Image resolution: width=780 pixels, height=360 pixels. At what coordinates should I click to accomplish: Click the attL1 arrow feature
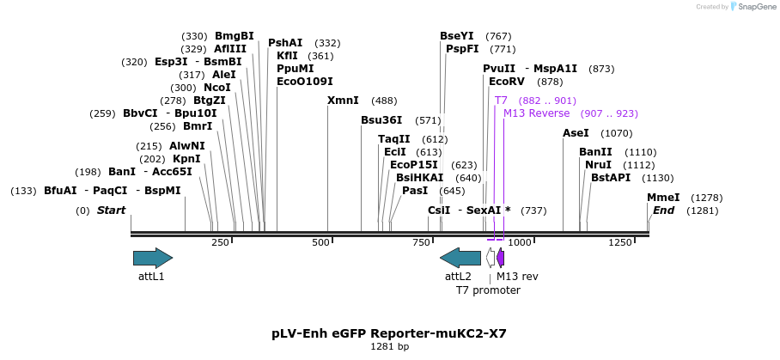[x=153, y=257]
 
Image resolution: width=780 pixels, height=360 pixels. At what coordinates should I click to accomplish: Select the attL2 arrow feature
[x=460, y=257]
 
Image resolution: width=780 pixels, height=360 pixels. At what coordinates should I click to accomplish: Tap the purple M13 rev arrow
[x=501, y=257]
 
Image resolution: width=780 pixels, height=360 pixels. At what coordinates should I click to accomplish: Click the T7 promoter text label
[x=488, y=290]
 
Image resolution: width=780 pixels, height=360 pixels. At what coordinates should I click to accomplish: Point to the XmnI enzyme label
[x=343, y=101]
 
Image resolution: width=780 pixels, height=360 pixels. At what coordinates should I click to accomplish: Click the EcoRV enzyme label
[x=507, y=82]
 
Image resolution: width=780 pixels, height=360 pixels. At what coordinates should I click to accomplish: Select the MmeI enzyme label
[x=663, y=198]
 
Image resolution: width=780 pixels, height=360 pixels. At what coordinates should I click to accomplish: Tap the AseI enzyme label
[x=576, y=133]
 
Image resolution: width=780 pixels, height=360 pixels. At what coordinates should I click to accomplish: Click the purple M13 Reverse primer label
[x=536, y=113]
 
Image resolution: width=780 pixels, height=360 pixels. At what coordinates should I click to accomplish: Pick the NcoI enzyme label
[x=217, y=88]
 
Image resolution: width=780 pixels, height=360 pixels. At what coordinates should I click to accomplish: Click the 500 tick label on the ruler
[x=320, y=243]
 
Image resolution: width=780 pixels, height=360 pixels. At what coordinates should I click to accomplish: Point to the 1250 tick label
[x=620, y=243]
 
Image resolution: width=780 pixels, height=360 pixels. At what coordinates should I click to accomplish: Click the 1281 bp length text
[x=390, y=347]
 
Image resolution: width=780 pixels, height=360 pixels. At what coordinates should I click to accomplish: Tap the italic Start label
[x=111, y=211]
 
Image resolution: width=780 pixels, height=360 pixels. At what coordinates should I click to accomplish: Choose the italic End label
[x=663, y=211]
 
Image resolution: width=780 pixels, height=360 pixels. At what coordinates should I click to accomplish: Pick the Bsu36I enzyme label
[x=381, y=120]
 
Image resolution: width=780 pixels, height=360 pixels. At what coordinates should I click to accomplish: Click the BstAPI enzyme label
[x=611, y=178]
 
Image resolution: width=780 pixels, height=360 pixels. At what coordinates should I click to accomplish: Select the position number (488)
[x=384, y=101]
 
